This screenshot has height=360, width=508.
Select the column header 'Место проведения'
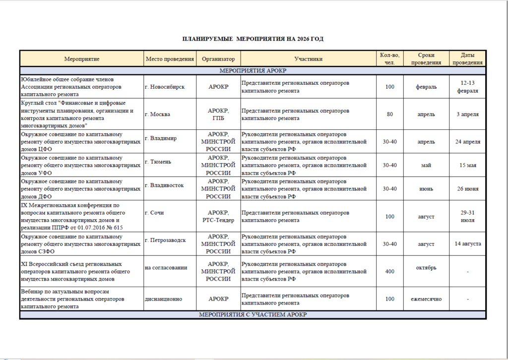pos(170,59)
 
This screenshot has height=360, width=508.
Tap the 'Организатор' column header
pos(218,59)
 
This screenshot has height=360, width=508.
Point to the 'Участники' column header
pos(308,59)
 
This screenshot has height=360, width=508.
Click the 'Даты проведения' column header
pos(467,59)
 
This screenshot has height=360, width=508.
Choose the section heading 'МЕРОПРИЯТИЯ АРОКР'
pos(253,71)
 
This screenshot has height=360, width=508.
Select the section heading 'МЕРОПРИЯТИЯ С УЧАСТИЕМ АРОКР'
pos(253,315)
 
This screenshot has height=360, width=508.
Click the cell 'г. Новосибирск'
pos(165,87)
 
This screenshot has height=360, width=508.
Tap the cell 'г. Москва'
pos(157,114)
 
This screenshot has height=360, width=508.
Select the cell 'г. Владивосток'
pos(164,185)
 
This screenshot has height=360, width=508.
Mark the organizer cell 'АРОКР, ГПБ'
pos(218,114)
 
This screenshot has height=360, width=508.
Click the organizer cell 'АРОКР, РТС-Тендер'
pos(218,216)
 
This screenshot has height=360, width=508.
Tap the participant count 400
pos(390,271)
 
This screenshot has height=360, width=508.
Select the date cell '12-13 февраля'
pos(468,87)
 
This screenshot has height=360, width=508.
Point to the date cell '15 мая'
pos(468,165)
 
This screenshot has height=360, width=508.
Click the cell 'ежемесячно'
pos(426,299)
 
